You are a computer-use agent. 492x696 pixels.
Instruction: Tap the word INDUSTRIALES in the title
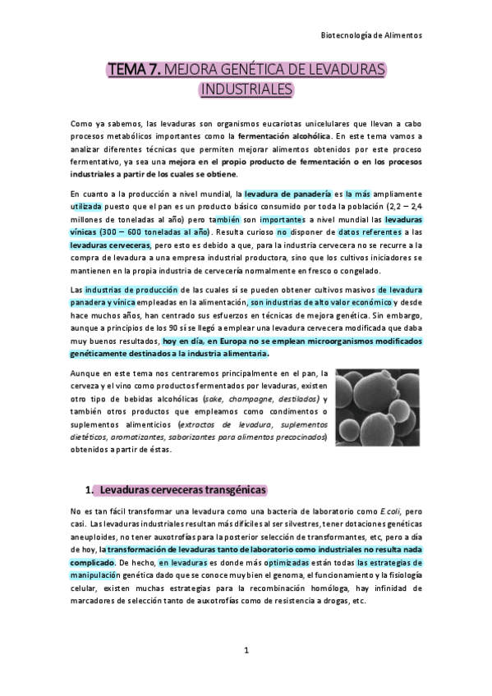pyautogui.click(x=246, y=88)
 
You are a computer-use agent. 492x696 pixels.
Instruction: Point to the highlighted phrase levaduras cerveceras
pyautogui.click(x=110, y=245)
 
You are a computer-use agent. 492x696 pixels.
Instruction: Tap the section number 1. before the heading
pyautogui.click(x=90, y=491)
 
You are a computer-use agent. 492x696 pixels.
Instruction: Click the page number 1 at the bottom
pyautogui.click(x=246, y=652)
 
